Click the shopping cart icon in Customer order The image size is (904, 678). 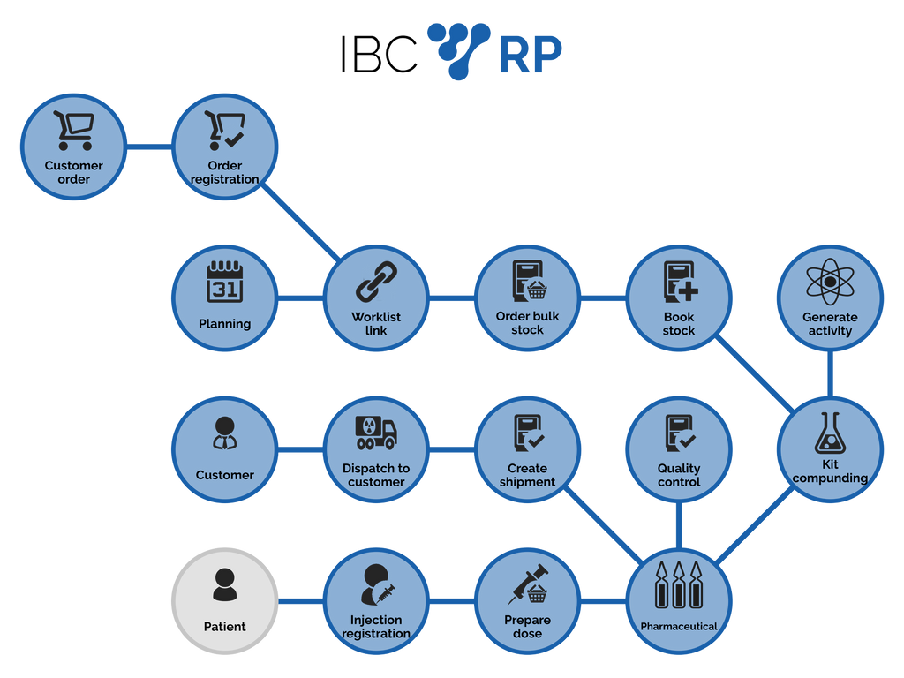coord(73,130)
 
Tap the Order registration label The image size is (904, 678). coord(225,172)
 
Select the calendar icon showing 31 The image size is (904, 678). coord(224,282)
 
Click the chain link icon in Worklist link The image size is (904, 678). coord(376,282)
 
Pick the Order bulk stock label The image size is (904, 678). coord(527,323)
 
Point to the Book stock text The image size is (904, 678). coord(679,323)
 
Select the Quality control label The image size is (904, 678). coord(679,475)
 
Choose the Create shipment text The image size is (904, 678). coord(527,475)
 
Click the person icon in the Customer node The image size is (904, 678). coord(224,433)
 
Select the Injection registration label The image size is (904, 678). coord(376,626)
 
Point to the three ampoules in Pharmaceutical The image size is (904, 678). coord(678,584)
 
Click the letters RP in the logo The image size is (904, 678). coord(531,56)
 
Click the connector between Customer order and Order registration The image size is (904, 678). coord(149,147)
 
